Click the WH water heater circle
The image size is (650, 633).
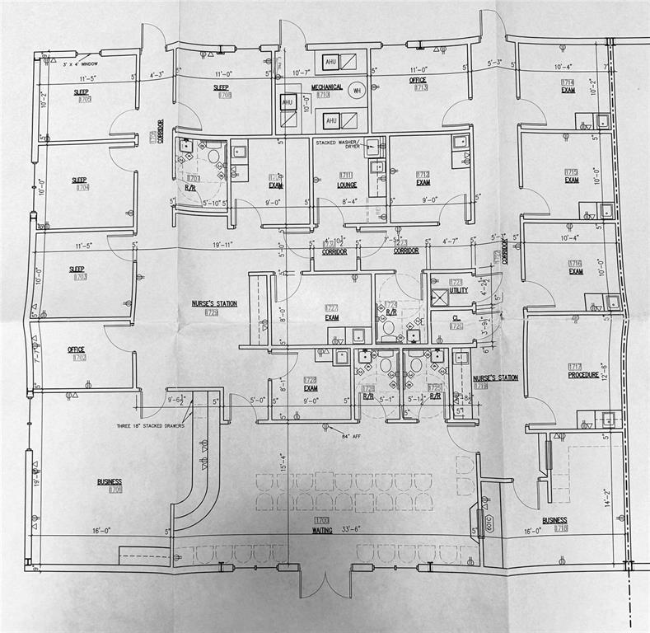pos(356,91)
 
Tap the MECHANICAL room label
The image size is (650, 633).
pos(325,87)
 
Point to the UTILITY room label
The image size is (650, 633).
pos(459,290)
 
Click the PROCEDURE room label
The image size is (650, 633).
pos(582,375)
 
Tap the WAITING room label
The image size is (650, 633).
pos(321,531)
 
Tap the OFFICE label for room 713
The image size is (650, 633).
pos(418,80)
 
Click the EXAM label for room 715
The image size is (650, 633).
pos(572,180)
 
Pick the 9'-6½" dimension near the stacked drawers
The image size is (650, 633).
pos(176,401)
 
